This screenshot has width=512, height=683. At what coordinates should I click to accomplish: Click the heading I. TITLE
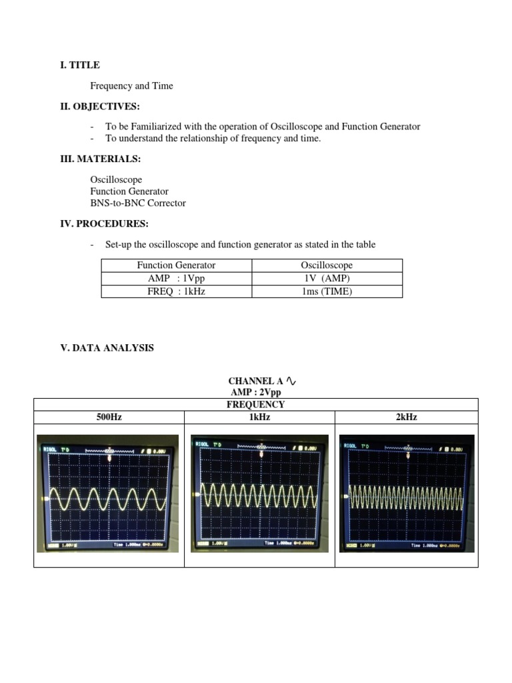[80, 65]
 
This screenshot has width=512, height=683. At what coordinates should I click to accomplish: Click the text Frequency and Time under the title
[131, 86]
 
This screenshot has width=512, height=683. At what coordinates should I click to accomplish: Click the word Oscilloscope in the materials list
[116, 180]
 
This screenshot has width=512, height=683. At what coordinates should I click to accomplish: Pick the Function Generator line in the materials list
[129, 191]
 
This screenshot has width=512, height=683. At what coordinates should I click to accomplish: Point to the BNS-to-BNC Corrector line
[138, 203]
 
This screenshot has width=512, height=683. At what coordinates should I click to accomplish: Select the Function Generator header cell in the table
[176, 265]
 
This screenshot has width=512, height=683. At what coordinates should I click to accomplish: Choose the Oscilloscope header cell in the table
[327, 265]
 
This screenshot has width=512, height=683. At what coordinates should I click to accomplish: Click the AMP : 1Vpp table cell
[176, 278]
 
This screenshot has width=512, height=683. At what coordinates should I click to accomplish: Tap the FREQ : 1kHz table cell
[176, 291]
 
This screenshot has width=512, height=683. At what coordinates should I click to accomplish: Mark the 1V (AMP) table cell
[327, 278]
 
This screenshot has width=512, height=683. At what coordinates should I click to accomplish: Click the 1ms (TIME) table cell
[327, 291]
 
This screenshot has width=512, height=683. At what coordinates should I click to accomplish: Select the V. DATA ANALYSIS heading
[107, 348]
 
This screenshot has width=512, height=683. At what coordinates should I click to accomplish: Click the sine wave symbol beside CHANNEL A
[291, 381]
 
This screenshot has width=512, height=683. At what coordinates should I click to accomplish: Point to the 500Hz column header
[109, 417]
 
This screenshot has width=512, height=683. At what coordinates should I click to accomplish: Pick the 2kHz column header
[406, 417]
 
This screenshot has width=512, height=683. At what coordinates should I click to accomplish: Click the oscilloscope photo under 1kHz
[259, 493]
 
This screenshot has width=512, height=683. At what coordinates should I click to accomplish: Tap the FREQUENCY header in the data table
[255, 404]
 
